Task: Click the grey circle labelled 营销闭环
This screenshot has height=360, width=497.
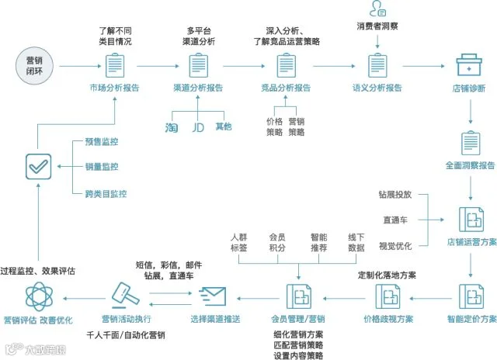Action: (x=34, y=66)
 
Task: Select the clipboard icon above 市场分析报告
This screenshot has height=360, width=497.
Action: (x=115, y=65)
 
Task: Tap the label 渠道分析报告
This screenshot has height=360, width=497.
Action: (x=198, y=88)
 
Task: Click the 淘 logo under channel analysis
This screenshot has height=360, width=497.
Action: (x=172, y=127)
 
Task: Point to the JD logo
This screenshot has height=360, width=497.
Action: (x=198, y=127)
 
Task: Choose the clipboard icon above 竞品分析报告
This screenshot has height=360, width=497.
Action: (x=287, y=65)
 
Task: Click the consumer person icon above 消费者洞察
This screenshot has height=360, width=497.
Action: (x=377, y=9)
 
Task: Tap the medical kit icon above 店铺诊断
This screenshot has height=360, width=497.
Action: (x=469, y=65)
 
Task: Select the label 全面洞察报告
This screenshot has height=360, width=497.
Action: (x=470, y=165)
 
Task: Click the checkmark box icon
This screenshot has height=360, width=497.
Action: (x=38, y=167)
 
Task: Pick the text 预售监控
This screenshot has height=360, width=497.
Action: (x=102, y=141)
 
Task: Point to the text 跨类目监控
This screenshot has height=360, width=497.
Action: (x=106, y=194)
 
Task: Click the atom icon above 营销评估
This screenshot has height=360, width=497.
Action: (x=39, y=296)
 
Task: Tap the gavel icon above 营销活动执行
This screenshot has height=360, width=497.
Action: (x=125, y=295)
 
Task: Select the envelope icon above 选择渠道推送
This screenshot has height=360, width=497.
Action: (x=212, y=296)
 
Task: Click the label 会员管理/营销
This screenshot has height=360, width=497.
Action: (x=298, y=319)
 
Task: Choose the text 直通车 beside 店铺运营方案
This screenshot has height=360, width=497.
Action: (x=395, y=220)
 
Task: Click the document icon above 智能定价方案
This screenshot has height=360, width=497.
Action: (x=471, y=296)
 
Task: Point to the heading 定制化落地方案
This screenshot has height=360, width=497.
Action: (x=387, y=275)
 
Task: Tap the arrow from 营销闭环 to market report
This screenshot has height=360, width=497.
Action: (x=80, y=66)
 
